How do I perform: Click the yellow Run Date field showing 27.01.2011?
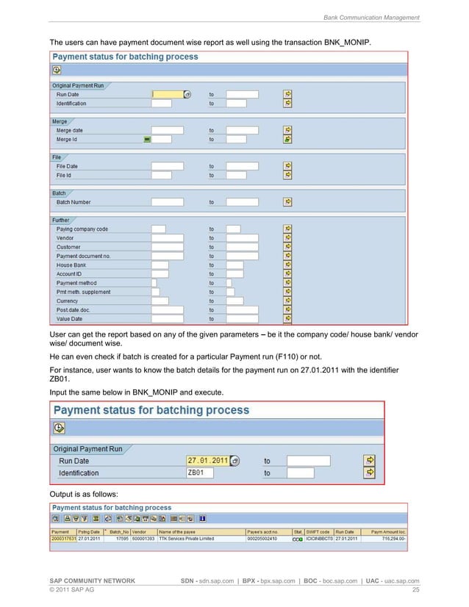pos(208,461)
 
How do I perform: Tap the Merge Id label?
pos(66,139)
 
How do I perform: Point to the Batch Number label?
pos(74,202)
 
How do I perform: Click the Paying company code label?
pos(82,229)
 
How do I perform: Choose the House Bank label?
pos(72,265)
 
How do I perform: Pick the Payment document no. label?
pos(83,256)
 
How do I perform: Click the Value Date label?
pos(70,319)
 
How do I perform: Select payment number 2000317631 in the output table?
pos(62,539)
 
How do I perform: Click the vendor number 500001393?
pos(143,539)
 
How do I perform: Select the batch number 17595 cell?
pos(119,539)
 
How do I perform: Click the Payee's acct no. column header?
pos(265,531)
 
